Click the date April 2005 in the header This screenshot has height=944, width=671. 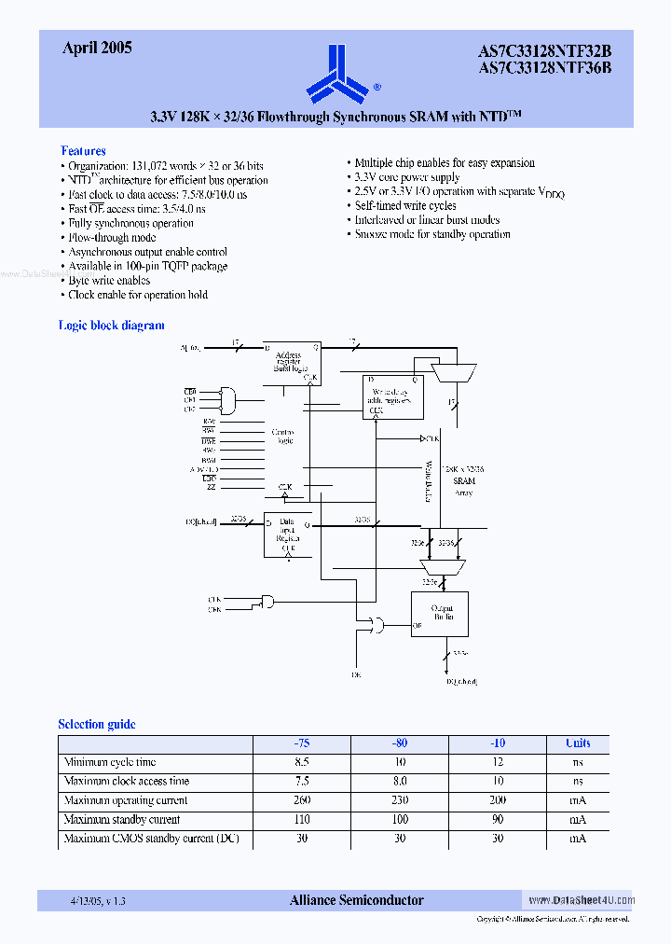coord(97,49)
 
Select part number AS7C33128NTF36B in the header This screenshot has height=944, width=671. coord(544,67)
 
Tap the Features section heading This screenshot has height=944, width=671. coord(83,150)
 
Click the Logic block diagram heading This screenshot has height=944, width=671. coord(111,326)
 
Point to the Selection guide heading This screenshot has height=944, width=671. coord(96,724)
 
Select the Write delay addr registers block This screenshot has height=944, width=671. coord(392,396)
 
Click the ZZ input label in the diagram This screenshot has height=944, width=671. coord(211,488)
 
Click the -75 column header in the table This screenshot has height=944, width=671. coord(302,743)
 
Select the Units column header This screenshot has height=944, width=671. coord(578,743)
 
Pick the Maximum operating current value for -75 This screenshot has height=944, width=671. coord(302,800)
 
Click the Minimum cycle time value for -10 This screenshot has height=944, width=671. coord(498,762)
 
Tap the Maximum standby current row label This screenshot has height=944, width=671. coord(122,819)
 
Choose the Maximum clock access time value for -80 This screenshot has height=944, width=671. coord(400,782)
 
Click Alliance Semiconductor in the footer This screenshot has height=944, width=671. coord(356,900)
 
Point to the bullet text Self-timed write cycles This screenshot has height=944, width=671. coord(405,205)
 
